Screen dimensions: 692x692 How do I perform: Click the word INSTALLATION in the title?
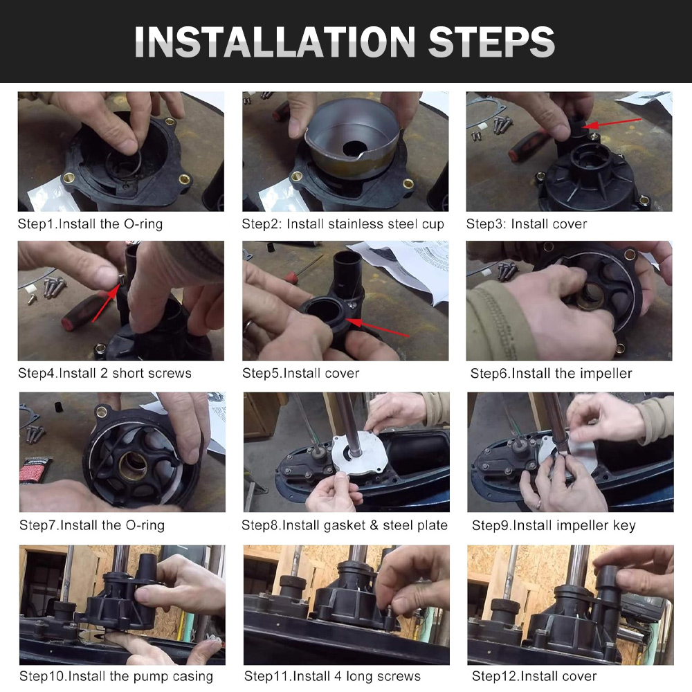275,42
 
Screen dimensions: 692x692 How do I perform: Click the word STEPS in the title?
491,42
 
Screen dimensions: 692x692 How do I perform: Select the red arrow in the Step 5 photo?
377,327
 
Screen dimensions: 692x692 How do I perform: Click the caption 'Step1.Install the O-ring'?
90,224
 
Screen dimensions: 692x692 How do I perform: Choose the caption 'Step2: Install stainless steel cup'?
343,224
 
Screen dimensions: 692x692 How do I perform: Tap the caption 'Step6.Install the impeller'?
552,374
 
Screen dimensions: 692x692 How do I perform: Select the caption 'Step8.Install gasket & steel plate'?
345,525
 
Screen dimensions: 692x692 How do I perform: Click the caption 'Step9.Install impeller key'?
554,525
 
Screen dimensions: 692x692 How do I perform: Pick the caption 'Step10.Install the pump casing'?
116,676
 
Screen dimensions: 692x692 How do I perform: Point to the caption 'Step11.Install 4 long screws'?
332,676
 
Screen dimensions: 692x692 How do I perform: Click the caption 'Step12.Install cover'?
534,676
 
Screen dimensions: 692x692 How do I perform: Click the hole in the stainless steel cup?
354,148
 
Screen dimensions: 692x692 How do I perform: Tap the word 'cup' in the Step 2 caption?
433,225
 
